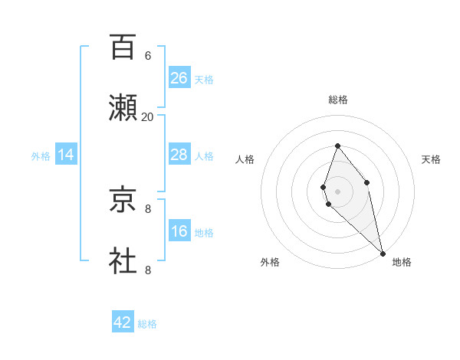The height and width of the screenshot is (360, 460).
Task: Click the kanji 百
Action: (x=123, y=47)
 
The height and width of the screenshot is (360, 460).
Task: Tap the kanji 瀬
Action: (x=123, y=108)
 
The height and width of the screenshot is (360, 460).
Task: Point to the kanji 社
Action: (x=123, y=260)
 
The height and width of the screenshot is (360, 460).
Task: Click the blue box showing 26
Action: (x=179, y=78)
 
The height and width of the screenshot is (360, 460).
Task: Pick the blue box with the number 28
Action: (x=179, y=155)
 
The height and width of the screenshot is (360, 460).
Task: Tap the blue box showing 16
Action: (x=179, y=231)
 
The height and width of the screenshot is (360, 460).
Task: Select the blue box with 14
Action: (x=66, y=155)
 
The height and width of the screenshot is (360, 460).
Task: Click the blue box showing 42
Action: (x=123, y=322)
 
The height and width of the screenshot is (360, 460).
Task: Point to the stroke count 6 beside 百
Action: (x=148, y=56)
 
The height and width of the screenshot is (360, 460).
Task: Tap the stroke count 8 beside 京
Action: (x=148, y=208)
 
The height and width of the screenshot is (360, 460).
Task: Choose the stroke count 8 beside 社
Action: (x=148, y=269)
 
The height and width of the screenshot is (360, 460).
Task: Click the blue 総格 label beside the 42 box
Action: (x=147, y=324)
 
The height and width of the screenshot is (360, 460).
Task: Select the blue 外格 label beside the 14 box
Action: (x=41, y=156)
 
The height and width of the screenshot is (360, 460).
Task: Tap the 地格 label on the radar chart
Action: (x=402, y=262)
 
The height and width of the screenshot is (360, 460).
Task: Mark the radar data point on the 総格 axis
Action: (x=337, y=146)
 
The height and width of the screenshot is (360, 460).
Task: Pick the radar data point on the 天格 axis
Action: (x=367, y=182)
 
